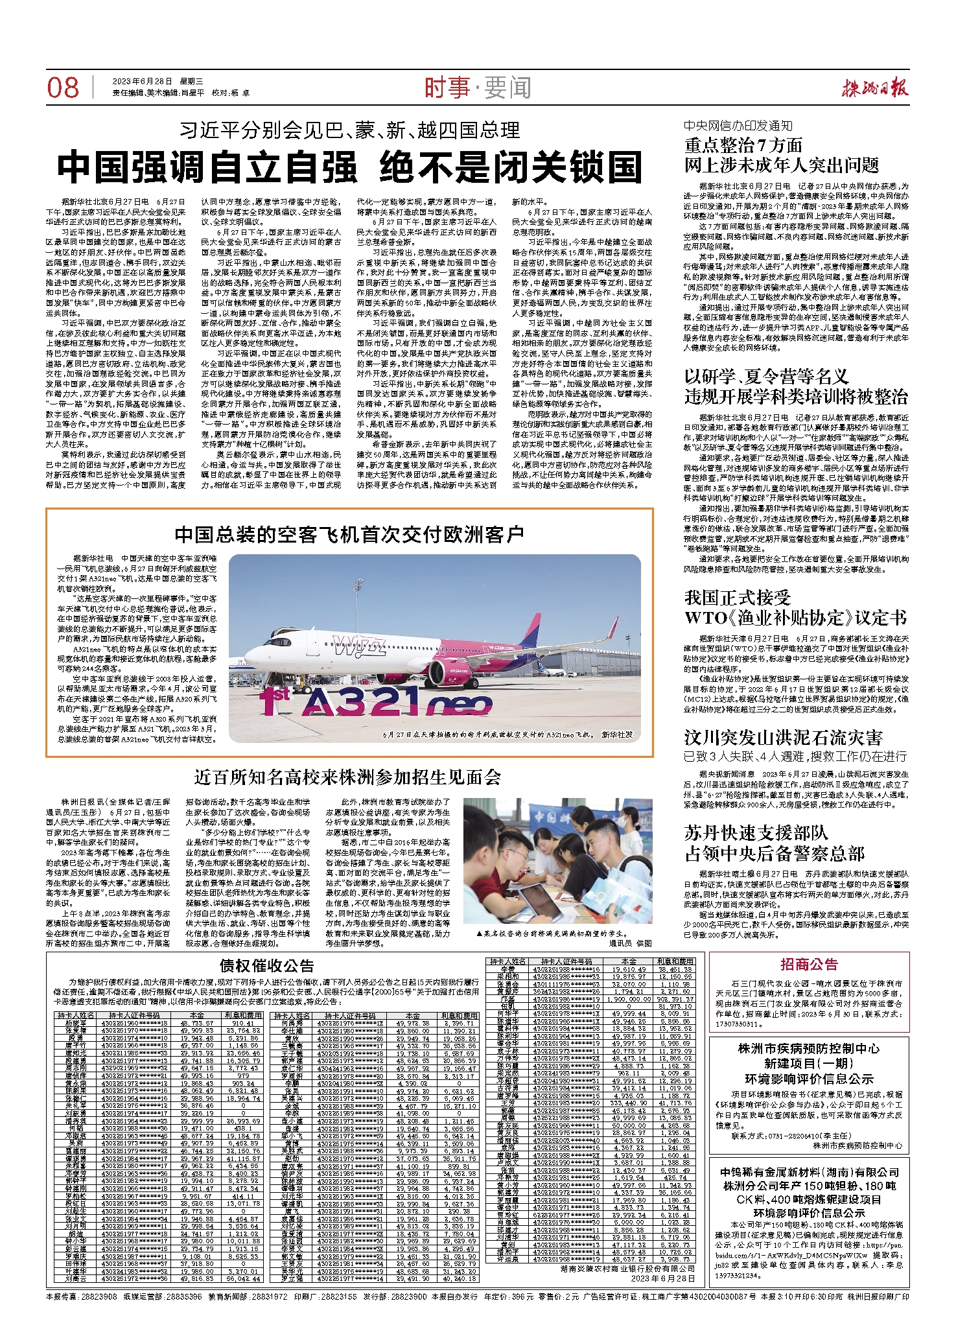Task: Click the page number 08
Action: (x=63, y=88)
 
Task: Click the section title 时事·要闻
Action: (x=478, y=88)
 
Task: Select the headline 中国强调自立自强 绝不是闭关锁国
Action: (x=349, y=167)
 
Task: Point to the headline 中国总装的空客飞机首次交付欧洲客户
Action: (x=349, y=534)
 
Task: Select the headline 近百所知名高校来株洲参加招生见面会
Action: (x=348, y=777)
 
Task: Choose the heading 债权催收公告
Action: (x=266, y=966)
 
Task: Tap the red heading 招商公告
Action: (x=809, y=965)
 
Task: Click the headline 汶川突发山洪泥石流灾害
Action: (x=783, y=737)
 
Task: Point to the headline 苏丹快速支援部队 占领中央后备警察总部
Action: (x=775, y=842)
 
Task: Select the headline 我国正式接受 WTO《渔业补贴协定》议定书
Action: (x=795, y=607)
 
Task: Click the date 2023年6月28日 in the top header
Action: (x=143, y=81)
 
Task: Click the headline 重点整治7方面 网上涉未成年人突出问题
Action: (x=781, y=155)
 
